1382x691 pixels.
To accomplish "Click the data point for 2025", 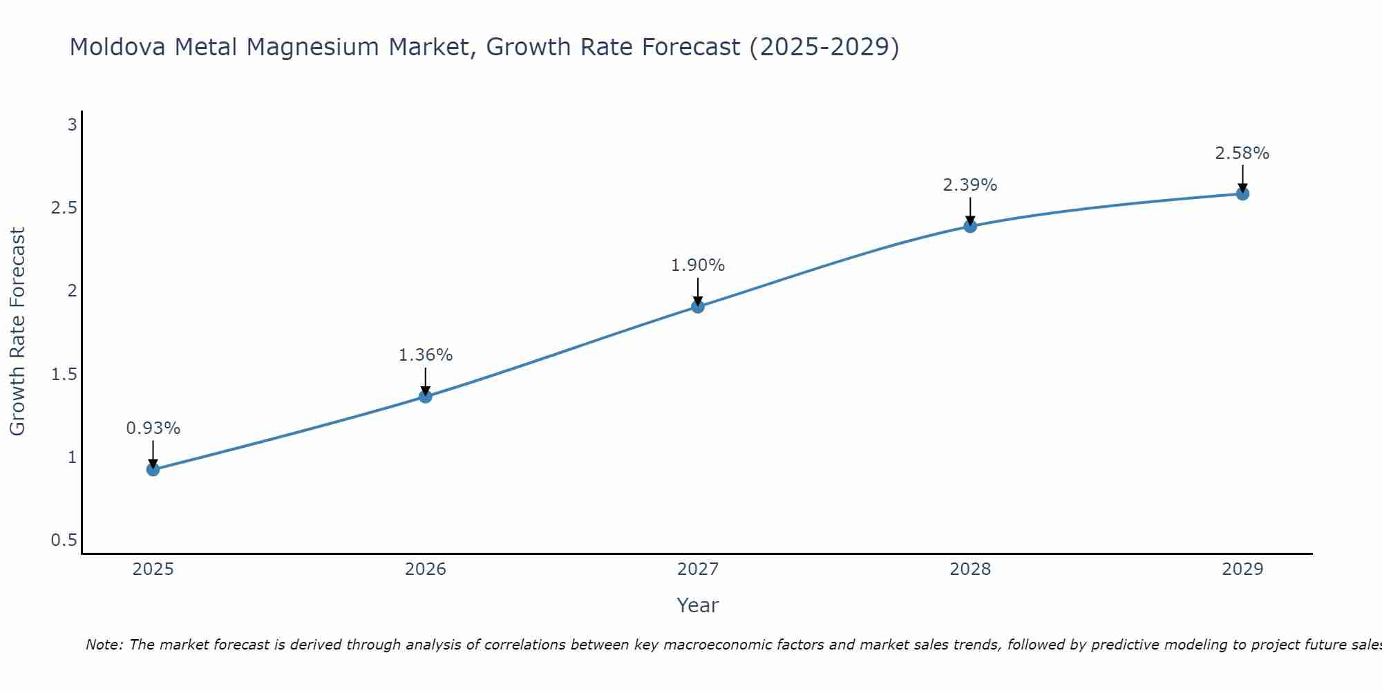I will [153, 470].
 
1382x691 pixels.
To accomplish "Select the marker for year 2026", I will [426, 397].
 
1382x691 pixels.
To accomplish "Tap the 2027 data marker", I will [698, 307].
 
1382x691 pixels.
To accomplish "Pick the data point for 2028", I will [970, 226].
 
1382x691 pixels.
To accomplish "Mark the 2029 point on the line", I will [1242, 194].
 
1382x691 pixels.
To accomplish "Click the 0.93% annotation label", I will [153, 428].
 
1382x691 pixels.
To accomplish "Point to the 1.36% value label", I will [426, 355].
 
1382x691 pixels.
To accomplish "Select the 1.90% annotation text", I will [698, 265].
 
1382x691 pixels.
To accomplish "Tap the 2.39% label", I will [970, 185].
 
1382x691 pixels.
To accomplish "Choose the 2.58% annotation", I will [1242, 153].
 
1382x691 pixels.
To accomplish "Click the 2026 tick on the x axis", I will [426, 569].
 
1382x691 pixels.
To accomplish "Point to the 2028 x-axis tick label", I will [970, 569].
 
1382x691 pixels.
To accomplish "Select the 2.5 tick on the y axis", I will [64, 208].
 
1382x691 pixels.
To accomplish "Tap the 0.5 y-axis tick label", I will [64, 540].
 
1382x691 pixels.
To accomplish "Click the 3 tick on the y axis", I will [72, 125].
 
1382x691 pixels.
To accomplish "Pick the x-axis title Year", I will [698, 605].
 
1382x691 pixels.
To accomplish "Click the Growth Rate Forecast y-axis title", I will [18, 332].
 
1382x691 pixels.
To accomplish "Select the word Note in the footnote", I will [104, 645].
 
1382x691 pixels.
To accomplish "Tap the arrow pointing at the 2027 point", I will [698, 292].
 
